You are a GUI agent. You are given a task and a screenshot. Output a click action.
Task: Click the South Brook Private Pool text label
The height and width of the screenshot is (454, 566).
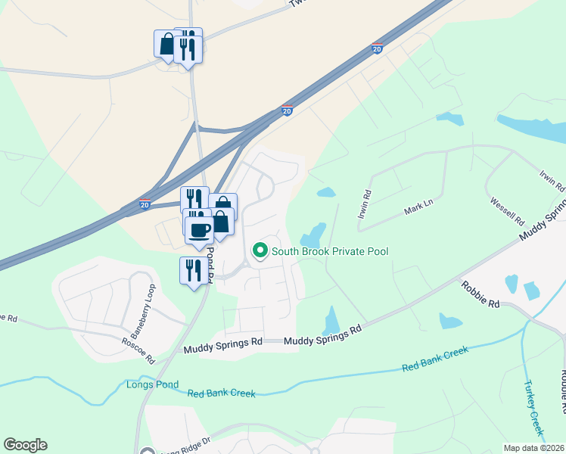pos(330,250)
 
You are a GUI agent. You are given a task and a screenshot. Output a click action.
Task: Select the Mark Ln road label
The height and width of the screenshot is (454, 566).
pos(417,205)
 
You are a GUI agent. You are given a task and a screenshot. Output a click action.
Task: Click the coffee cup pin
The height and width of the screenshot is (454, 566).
pos(199,229)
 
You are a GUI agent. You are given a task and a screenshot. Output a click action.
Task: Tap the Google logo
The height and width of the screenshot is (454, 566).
pos(25,445)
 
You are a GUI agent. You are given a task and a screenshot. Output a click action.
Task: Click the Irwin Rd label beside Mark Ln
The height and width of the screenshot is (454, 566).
pos(365,204)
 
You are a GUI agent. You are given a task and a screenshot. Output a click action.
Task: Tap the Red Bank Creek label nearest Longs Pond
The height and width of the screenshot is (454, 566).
pos(222,393)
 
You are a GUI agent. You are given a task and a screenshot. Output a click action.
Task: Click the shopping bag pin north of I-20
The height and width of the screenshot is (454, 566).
pos(166,44)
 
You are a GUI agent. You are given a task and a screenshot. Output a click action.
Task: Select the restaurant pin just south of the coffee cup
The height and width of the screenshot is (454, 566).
pos(191,269)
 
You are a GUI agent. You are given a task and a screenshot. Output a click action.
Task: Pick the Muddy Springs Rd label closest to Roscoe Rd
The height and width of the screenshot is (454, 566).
pos(223,349)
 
